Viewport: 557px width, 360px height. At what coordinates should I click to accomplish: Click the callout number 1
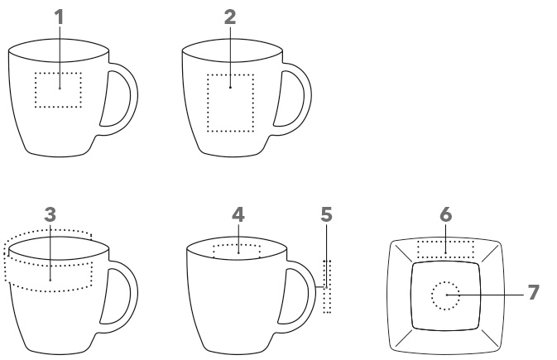(59, 17)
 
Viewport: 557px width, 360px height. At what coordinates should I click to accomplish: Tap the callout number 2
(230, 17)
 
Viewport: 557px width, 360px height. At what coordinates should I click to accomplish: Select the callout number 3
(50, 214)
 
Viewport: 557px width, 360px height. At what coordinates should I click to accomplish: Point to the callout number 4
(238, 214)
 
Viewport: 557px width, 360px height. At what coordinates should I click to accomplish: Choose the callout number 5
(326, 214)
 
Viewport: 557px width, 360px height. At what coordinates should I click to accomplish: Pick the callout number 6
(445, 214)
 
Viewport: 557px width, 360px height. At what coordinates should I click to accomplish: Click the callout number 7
(533, 292)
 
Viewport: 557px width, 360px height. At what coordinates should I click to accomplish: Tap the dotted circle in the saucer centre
(432, 295)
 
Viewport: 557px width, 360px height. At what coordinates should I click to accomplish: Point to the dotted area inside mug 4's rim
(237, 244)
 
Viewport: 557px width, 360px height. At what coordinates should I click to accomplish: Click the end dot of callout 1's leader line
(60, 88)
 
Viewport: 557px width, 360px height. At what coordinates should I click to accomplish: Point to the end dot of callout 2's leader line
(230, 87)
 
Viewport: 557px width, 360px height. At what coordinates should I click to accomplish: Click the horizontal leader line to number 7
(485, 295)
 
